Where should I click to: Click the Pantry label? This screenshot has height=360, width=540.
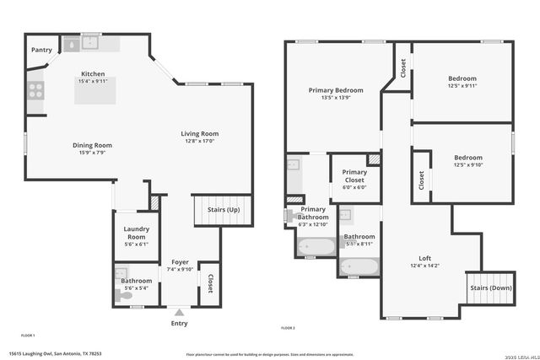41,51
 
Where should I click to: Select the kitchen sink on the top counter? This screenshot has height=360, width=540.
91,42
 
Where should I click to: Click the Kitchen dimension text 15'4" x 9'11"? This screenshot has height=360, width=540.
93,82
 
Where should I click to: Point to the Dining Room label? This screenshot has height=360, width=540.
92,145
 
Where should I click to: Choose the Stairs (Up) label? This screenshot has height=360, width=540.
224,210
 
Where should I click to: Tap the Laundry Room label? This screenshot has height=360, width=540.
136,232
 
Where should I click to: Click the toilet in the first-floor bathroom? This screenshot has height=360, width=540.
120,295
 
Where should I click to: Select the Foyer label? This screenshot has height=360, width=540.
180,262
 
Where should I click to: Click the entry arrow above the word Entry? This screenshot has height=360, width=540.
179,311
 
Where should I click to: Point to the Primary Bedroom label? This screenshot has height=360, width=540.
336,90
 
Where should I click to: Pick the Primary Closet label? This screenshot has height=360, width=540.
354,175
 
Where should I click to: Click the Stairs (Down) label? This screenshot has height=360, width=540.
490,287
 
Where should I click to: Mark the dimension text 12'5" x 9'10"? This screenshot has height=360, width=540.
468,164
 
